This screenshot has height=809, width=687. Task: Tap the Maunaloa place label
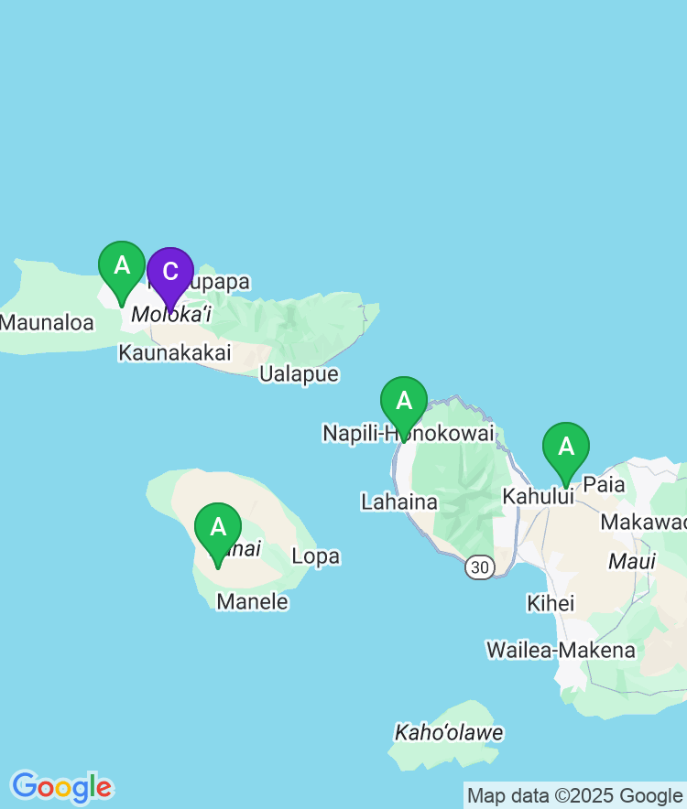tap(47, 322)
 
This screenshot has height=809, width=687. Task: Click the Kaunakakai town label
tap(175, 353)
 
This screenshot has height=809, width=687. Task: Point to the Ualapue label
tap(299, 374)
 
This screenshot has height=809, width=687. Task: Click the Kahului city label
tap(538, 496)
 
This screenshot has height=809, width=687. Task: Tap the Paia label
tap(604, 484)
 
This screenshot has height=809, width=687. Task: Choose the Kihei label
tap(551, 603)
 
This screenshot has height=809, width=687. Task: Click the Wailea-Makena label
tap(561, 650)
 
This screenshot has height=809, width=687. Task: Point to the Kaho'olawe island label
tap(449, 733)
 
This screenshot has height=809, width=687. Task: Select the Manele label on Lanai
tap(252, 601)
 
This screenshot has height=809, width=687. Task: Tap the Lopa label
tap(315, 556)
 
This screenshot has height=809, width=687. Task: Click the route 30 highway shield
tap(478, 568)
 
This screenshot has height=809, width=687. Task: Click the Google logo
tap(61, 787)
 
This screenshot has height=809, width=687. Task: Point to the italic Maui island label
tap(632, 561)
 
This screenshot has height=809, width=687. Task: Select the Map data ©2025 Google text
tap(574, 796)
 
